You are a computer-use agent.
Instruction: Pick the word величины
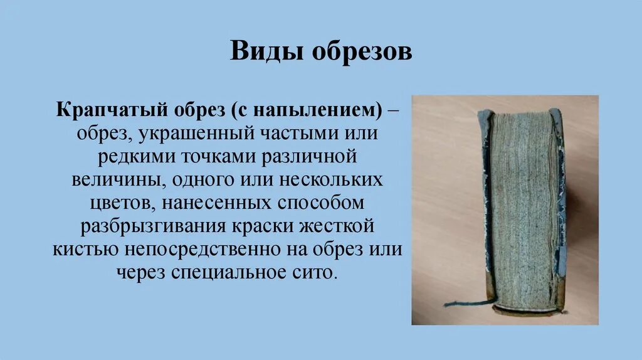point(113,180)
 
